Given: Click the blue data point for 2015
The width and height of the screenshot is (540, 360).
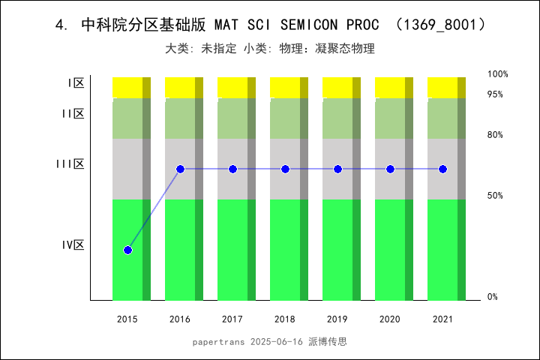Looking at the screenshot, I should (127, 250).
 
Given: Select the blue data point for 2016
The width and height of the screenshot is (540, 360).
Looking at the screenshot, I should (180, 169).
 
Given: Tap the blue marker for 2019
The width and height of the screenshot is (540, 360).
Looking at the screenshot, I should (337, 169).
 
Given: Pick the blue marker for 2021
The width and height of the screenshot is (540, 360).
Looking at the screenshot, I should (442, 169).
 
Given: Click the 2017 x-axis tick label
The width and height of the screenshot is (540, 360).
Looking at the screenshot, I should (232, 319).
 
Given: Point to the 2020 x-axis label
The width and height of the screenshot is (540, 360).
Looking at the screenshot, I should (390, 319).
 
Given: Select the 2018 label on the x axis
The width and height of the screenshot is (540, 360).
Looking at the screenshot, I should (285, 319).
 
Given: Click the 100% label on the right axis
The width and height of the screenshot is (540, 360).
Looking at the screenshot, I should (498, 74).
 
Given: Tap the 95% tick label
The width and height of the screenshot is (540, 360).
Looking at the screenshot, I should (495, 94).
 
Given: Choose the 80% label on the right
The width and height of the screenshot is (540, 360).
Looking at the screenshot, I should (495, 135).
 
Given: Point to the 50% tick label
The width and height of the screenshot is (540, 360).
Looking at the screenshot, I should (495, 196).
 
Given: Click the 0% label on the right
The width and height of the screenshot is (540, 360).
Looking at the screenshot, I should (493, 297).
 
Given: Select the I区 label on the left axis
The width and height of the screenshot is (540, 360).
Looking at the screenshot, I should (76, 83).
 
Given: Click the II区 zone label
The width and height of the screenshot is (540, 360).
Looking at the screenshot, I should (73, 114).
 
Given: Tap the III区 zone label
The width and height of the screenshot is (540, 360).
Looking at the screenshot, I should (70, 164).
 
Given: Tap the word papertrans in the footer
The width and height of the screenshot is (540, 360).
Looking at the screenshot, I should (218, 341).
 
